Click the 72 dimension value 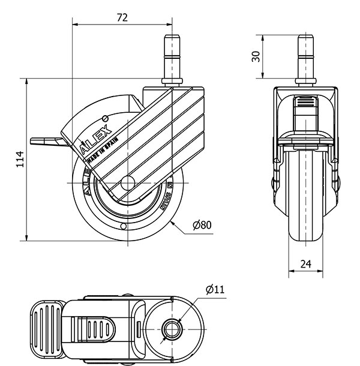coord(122,17)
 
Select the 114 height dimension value coord(19,159)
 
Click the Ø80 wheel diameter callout coord(202,226)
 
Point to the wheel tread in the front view coord(305,198)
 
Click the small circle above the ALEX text coord(106,118)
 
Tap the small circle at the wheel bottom coord(122,227)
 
